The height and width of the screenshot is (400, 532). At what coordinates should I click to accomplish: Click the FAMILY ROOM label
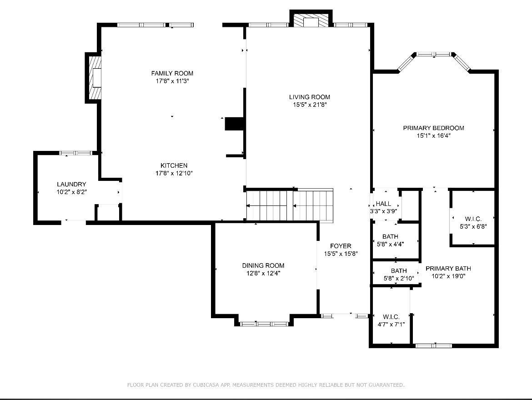tap(172, 73)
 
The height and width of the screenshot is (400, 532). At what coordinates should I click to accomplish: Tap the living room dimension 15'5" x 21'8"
tap(310, 105)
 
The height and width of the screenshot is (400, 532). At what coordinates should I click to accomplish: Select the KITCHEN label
tap(174, 165)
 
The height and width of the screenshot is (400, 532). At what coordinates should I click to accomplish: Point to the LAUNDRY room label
tap(71, 184)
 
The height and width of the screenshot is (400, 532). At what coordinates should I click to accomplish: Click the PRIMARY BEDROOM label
tap(434, 128)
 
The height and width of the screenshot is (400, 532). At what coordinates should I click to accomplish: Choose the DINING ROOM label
tap(263, 265)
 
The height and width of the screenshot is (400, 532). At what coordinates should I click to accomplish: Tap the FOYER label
tap(341, 246)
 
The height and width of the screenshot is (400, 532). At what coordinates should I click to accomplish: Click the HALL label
tap(383, 204)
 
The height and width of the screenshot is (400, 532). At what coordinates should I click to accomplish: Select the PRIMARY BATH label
tap(448, 268)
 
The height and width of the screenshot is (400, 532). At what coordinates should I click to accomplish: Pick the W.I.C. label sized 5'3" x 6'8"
tap(473, 219)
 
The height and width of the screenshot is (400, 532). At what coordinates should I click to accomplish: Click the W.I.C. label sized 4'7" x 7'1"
tap(391, 317)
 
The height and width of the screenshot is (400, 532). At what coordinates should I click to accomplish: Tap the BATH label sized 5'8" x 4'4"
tap(390, 236)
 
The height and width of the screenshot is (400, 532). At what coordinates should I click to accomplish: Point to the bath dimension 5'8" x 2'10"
tap(399, 279)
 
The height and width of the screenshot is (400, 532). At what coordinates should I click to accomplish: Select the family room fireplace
tap(95, 78)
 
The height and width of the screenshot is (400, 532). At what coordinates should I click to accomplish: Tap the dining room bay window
tap(264, 324)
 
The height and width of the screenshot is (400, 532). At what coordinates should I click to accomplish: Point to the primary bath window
tap(434, 346)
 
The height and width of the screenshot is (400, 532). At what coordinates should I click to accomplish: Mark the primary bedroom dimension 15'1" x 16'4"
tap(434, 136)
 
